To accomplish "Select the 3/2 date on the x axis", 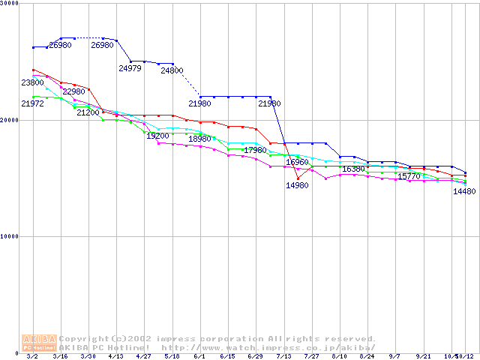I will point(32,357).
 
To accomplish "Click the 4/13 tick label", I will point(115,357).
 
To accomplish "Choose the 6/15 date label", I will point(227,357).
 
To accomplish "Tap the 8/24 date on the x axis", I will point(367,357).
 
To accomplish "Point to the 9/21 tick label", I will point(423,357).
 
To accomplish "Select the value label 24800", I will point(172,70).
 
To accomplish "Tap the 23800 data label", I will point(32,82).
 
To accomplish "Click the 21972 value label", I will point(32,103).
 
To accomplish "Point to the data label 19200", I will point(157,136).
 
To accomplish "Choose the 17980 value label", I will point(255,150).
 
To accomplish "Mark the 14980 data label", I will point(297,185).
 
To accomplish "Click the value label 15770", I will point(409,176).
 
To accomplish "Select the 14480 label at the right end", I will point(464,191).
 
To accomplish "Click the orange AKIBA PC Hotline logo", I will point(39,343).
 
